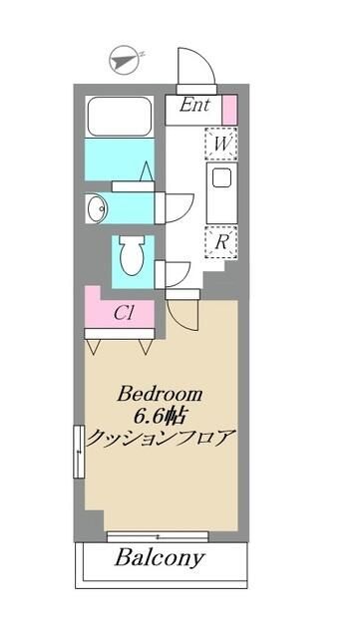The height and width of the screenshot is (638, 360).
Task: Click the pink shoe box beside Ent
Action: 228,107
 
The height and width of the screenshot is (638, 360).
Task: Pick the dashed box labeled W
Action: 219,144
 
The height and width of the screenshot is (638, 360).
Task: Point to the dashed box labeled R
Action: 219,240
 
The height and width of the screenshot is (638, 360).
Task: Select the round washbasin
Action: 97,207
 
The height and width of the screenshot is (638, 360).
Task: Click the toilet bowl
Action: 131,256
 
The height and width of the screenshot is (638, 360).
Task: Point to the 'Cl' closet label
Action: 124,312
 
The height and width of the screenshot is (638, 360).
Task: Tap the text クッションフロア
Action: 162,438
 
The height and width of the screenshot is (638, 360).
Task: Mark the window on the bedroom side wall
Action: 78,451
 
